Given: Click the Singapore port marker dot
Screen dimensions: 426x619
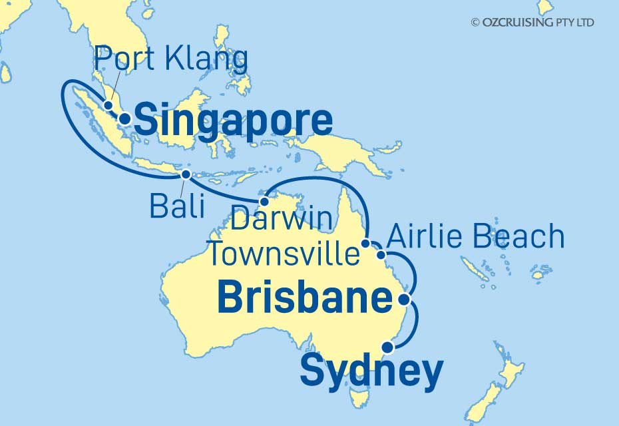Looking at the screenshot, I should pos(124,120).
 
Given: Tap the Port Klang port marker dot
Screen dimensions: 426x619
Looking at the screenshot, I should pos(108,105).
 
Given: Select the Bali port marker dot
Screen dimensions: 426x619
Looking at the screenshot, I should pos(186,174).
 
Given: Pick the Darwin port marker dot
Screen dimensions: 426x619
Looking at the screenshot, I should pos(264,201).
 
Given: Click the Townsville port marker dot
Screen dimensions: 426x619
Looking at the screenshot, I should pos(365,244).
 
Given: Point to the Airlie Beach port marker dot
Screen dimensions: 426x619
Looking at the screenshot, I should pos(381,254).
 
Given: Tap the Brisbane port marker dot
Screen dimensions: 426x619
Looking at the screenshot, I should pos(403,301).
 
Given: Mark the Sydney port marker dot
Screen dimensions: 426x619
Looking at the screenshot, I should pos(387,345).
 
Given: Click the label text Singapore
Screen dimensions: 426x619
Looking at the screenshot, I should pos(233,122).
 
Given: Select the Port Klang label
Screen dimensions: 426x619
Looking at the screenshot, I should pos(171,61).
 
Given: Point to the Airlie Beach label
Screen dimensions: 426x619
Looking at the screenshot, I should pos(475,237).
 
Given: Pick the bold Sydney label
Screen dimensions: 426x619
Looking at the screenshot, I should pos(371,371).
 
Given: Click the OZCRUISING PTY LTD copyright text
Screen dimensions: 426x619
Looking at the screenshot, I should pos(532,23).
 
